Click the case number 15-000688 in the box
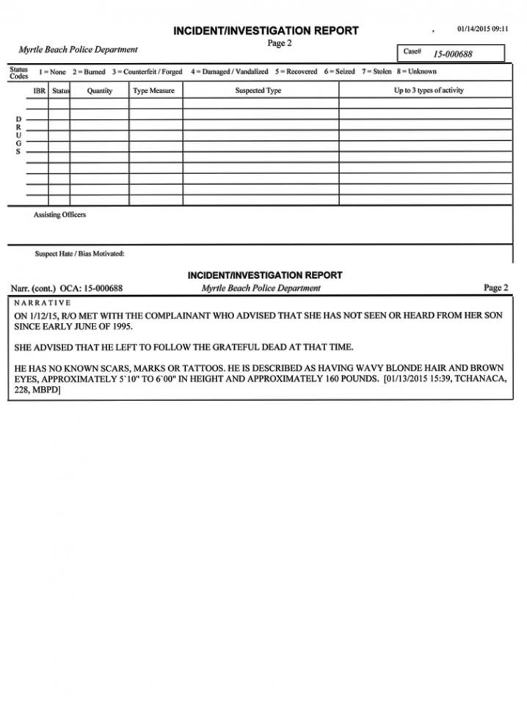[452, 54]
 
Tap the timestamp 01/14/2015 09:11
[482, 29]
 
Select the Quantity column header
[99, 91]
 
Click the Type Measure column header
[154, 91]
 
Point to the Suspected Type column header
[258, 91]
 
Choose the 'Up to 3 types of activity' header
[429, 91]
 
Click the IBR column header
[40, 91]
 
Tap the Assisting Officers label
[59, 215]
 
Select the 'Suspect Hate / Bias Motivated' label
[79, 254]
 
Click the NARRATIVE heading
[43, 302]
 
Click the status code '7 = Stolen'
[376, 72]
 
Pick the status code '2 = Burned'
[89, 72]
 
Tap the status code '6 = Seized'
[339, 72]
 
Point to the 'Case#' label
[412, 52]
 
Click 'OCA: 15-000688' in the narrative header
[90, 288]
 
